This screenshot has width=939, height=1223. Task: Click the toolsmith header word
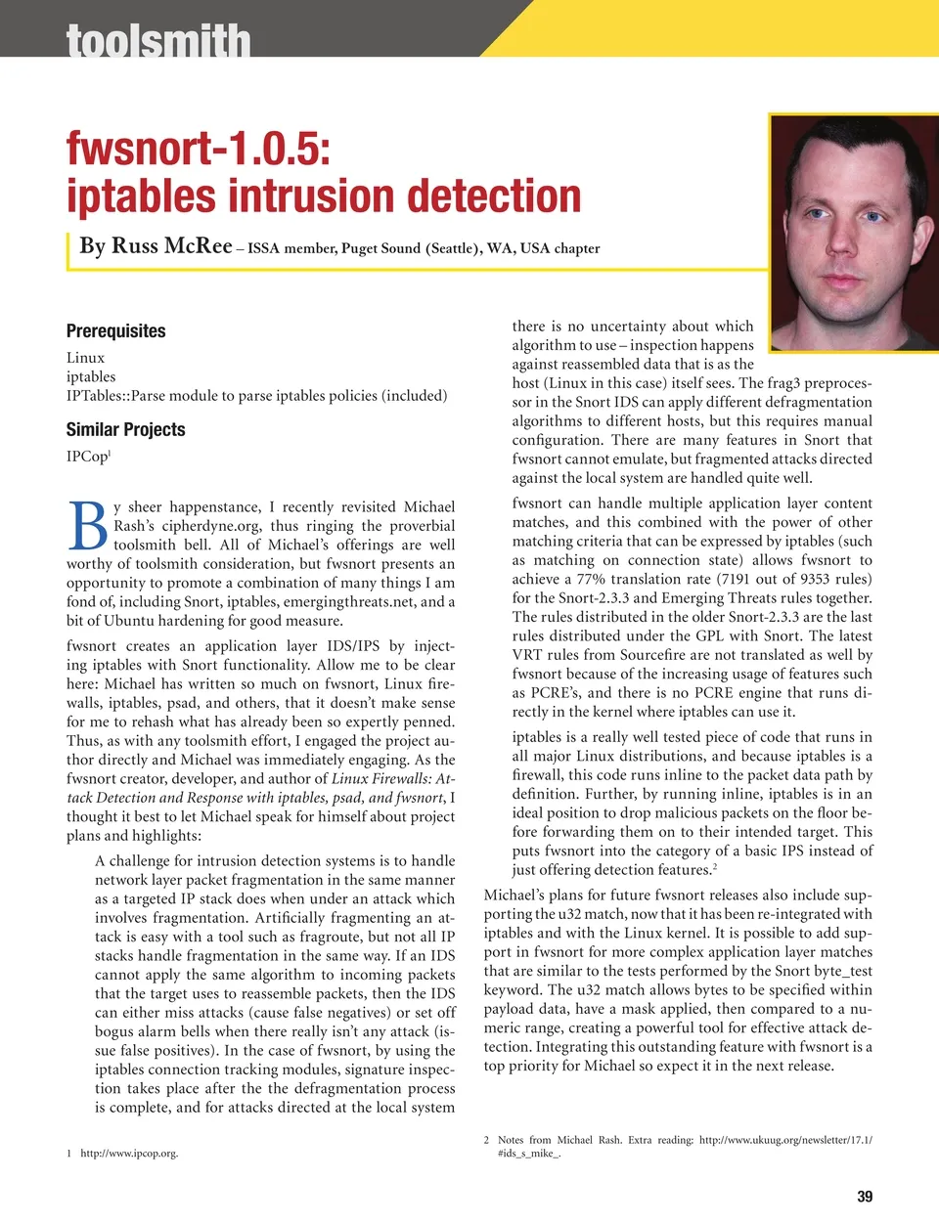[158, 41]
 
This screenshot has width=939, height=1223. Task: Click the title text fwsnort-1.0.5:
[199, 148]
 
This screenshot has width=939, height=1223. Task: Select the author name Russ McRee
[172, 245]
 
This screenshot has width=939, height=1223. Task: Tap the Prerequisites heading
[115, 330]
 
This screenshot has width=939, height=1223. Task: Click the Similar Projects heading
[125, 429]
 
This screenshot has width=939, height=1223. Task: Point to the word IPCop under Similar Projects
[86, 457]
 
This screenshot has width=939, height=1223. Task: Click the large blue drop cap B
[88, 527]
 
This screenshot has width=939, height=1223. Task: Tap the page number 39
[865, 1197]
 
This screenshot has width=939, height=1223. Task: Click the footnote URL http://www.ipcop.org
[129, 1154]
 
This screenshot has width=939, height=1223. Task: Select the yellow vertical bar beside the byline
[69, 250]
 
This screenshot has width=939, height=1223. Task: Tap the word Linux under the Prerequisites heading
[85, 358]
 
